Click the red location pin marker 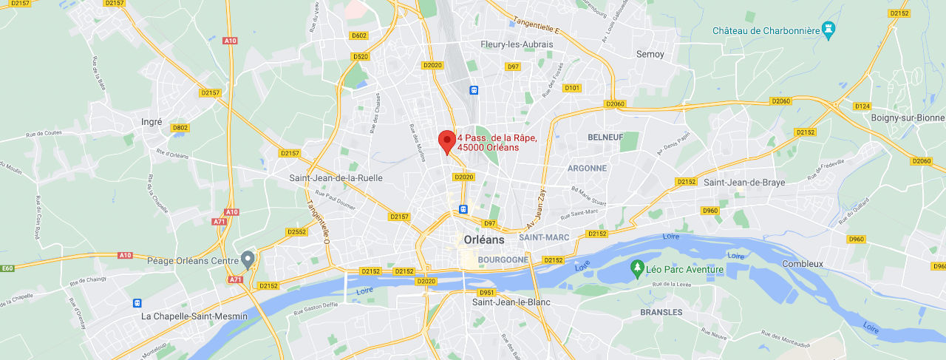coord(446,140)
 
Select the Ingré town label coord(152,121)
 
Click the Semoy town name coord(650,54)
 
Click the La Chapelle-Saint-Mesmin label coord(194,316)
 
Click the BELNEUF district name coord(605,137)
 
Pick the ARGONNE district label coord(587,168)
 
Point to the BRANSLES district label coord(661,312)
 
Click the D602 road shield coord(359,35)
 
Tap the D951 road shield coord(486,292)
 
